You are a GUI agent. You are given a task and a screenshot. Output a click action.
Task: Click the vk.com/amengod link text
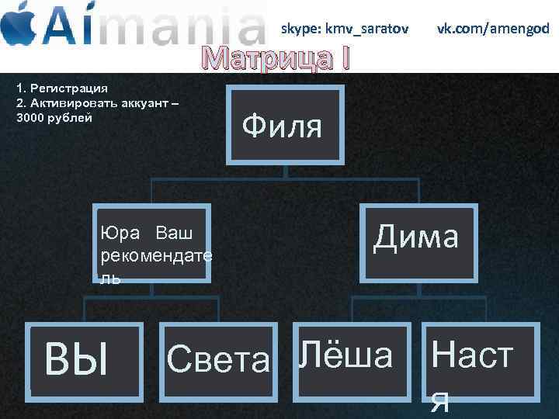492,29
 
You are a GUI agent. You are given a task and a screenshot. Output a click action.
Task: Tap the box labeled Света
218,358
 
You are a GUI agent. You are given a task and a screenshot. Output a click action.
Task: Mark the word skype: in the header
302,29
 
